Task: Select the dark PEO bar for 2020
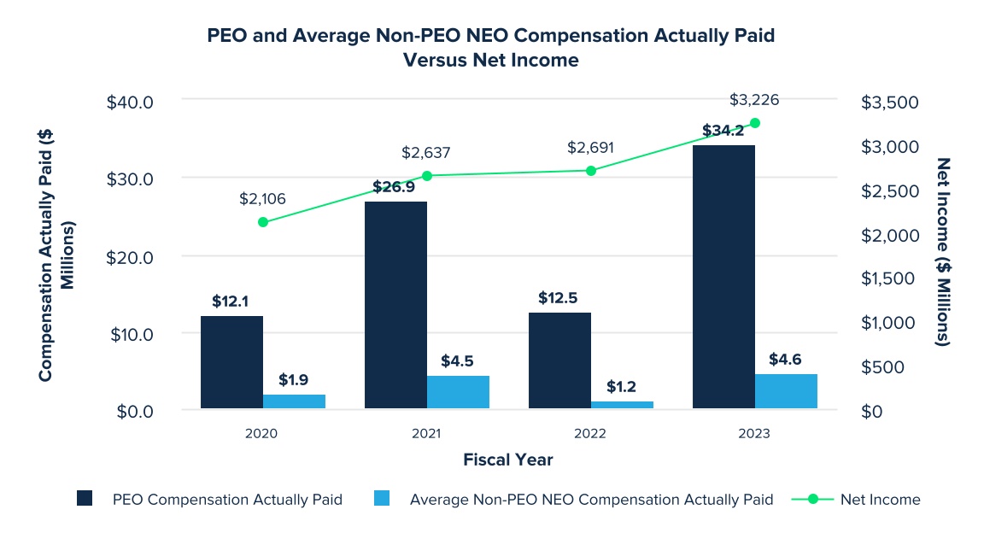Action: click(x=231, y=362)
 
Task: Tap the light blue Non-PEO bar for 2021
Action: click(x=458, y=392)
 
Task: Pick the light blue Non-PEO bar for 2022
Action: click(x=622, y=405)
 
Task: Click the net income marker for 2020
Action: click(x=263, y=222)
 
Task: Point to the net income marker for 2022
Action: click(x=590, y=171)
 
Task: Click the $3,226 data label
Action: click(x=754, y=100)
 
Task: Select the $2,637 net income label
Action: click(x=426, y=153)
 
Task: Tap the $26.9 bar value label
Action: click(x=395, y=187)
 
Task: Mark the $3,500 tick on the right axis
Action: click(x=889, y=102)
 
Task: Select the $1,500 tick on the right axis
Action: click(x=889, y=278)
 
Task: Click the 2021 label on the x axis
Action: click(x=426, y=434)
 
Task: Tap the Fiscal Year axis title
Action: click(x=508, y=460)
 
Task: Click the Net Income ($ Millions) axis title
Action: click(x=944, y=251)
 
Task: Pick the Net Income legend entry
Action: click(x=880, y=500)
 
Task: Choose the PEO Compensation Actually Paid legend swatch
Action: click(x=85, y=500)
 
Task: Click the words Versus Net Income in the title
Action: click(x=492, y=61)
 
